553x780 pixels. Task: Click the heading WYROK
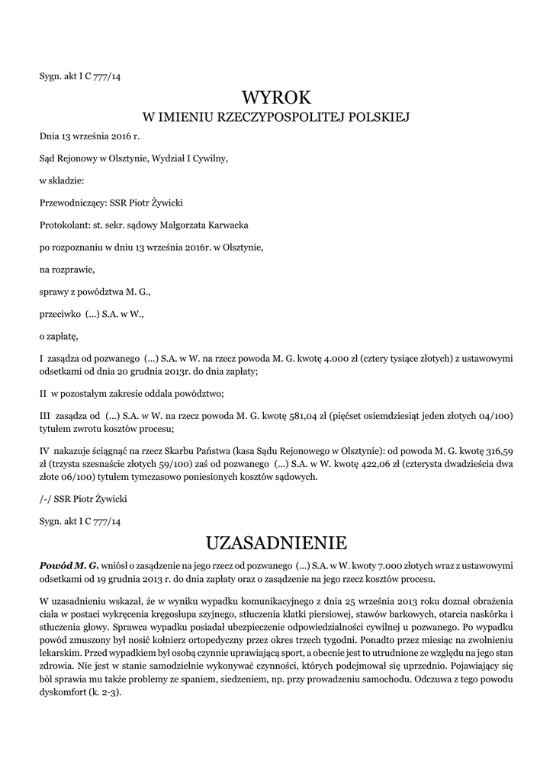tap(277, 97)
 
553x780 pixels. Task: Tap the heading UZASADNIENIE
tap(277, 542)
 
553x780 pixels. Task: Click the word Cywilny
tap(210, 158)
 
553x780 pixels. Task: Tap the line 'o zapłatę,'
tap(59, 335)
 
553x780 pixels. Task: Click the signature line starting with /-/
tap(83, 499)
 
